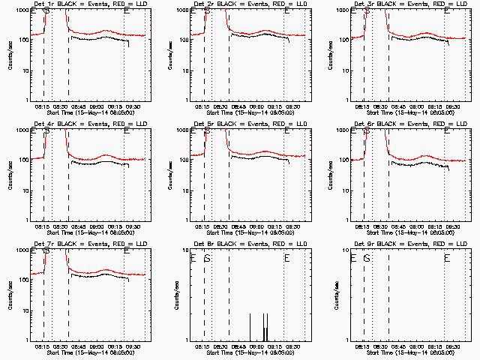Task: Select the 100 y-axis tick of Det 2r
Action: coord(185,39)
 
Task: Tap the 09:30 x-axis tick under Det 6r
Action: coord(451,226)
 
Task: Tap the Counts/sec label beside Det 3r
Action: coord(328,54)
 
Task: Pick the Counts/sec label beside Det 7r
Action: coord(8,294)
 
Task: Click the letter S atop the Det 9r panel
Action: coord(367,258)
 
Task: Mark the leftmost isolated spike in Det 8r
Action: coord(250,327)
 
